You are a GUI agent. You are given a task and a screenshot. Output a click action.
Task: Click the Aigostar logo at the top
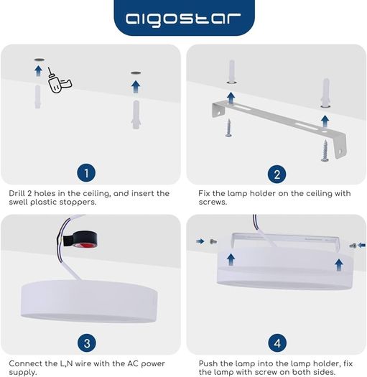point(183,19)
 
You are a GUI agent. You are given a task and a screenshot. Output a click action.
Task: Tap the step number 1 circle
point(86,173)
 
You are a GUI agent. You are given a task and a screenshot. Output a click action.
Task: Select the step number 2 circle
point(277,174)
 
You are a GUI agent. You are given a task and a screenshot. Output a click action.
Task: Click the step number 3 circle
point(87,343)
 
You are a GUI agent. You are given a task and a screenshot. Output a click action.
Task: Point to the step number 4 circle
point(277,343)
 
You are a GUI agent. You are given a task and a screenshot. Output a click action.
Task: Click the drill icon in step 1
point(59,80)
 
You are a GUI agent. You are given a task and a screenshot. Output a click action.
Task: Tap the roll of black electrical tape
point(80,239)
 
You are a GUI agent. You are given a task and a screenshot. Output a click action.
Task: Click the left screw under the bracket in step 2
point(228,128)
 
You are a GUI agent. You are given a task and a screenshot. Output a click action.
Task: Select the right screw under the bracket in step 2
point(325,151)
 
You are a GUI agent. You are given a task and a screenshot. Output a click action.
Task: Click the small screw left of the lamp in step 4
point(213,241)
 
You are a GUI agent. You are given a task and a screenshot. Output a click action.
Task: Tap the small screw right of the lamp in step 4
point(353,246)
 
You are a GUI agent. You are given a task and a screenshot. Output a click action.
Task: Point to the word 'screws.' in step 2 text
point(213,203)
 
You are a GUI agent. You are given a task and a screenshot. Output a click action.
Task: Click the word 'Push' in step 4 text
point(208,363)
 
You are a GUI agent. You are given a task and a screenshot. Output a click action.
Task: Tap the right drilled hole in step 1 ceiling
point(136,73)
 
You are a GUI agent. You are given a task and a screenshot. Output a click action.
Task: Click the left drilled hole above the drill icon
point(40,60)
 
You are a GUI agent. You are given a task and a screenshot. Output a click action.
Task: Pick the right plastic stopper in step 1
point(136,115)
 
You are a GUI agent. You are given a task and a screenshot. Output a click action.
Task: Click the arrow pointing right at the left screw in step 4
point(200,241)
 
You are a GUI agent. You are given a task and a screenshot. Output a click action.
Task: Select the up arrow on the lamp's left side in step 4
point(231,260)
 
